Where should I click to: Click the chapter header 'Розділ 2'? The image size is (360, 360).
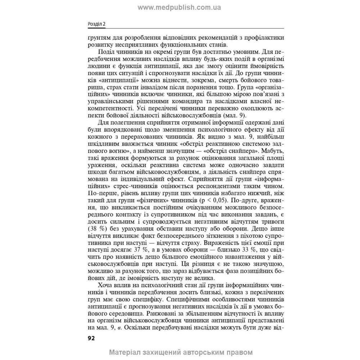click(x=96, y=24)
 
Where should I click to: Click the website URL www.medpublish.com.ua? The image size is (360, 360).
click(x=180, y=7)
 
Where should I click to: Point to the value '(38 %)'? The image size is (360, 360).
click(x=96, y=229)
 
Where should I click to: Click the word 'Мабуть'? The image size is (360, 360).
click(x=273, y=151)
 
